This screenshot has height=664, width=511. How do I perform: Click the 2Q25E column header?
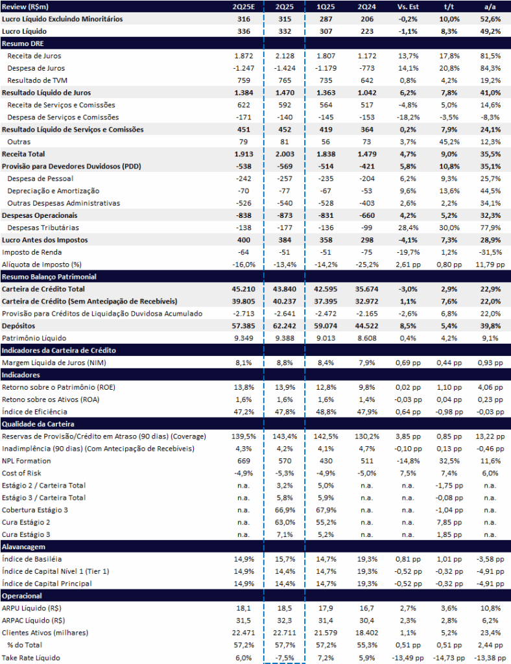[244, 6]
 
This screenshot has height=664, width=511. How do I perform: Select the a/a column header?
[490, 6]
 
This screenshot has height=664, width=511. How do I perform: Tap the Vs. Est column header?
[408, 6]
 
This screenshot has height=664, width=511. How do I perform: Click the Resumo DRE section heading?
[23, 43]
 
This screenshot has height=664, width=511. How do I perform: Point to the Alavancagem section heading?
[23, 547]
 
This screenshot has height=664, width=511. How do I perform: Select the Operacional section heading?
[21, 596]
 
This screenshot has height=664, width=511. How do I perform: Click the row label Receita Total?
[23, 154]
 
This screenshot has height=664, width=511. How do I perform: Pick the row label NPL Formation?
[26, 461]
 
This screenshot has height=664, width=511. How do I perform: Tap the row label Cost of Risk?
[21, 473]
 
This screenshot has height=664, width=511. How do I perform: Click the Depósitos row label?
[19, 326]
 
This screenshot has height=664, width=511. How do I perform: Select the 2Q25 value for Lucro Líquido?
[285, 31]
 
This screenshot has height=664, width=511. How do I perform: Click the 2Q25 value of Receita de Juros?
[285, 56]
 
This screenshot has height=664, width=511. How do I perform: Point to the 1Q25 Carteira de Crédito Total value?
[326, 289]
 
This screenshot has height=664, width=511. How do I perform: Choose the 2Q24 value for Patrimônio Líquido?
[367, 338]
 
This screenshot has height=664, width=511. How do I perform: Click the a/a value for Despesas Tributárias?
[490, 228]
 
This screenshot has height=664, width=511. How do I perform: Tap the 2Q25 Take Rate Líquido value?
[285, 658]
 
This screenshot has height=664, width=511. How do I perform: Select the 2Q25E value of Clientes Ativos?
[243, 633]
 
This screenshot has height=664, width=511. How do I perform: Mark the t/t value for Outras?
[449, 142]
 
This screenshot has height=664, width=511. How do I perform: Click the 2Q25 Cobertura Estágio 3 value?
[285, 510]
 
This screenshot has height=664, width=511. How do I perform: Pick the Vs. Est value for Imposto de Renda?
[408, 252]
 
